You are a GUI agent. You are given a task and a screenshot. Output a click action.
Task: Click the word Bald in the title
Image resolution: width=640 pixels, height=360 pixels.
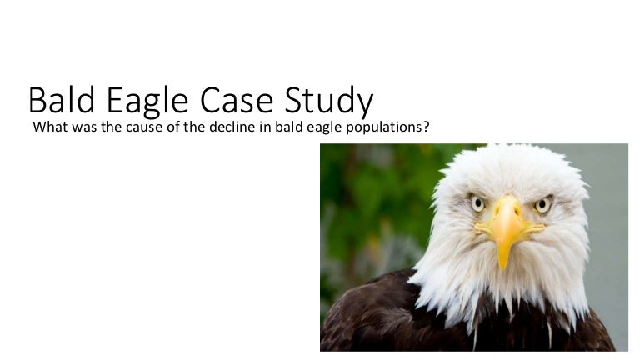click(62, 101)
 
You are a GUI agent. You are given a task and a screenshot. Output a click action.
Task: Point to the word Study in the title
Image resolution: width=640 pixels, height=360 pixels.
click(327, 101)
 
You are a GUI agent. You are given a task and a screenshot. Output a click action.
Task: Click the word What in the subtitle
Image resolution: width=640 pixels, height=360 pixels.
click(47, 128)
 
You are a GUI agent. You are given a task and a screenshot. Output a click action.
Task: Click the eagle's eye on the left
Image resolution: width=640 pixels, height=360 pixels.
click(477, 202)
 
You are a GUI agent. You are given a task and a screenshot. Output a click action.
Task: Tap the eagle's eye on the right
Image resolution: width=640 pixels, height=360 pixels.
click(542, 204)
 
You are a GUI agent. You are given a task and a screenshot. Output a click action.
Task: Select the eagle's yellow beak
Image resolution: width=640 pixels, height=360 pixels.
click(505, 223)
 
